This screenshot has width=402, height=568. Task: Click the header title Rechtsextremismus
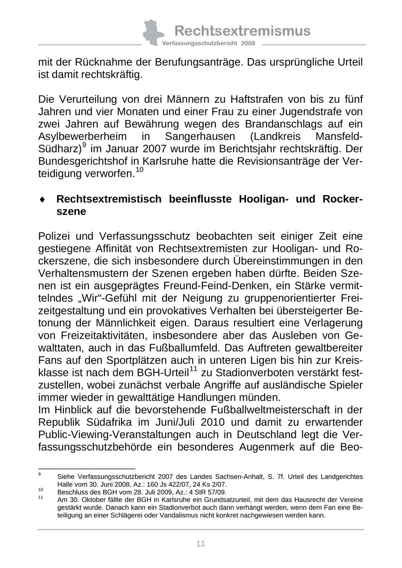click(x=242, y=31)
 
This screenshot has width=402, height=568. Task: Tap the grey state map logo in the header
click(x=153, y=33)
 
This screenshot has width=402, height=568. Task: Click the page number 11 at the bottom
click(x=201, y=543)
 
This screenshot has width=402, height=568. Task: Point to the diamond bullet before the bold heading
click(x=42, y=200)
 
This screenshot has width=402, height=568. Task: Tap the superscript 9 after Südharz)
click(x=84, y=145)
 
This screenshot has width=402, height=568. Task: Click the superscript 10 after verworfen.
click(x=139, y=170)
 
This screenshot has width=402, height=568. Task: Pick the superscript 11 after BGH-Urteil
click(x=193, y=368)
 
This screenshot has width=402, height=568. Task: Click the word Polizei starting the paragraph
click(x=57, y=236)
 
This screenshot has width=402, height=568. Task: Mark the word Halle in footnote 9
click(x=65, y=484)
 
